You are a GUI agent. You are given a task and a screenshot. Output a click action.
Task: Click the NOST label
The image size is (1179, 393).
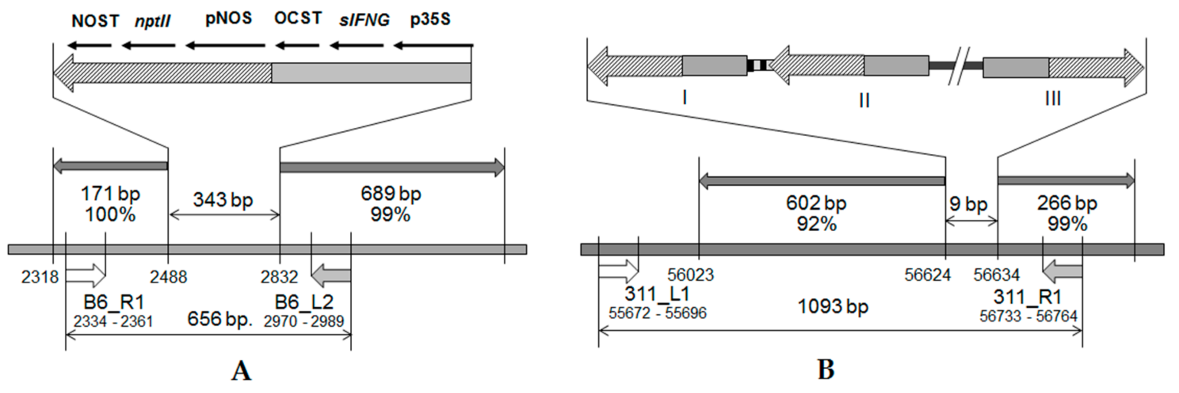tap(95, 21)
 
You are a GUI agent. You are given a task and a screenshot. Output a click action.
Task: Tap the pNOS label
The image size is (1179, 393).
tap(228, 18)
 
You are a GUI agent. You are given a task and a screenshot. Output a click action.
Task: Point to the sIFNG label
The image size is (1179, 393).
tap(364, 20)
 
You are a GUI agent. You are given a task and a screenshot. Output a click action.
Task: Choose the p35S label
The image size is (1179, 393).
tap(430, 20)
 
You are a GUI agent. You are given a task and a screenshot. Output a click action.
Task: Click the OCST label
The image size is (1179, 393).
tap(298, 18)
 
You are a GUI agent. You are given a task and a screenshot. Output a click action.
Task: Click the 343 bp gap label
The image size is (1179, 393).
tap(223, 200)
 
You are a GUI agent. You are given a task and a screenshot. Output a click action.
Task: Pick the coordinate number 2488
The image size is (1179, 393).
tap(168, 277)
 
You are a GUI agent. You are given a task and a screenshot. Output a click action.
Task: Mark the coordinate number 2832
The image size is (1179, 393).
tap(279, 277)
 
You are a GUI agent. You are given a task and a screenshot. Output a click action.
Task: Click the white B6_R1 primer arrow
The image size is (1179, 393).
tap(86, 274)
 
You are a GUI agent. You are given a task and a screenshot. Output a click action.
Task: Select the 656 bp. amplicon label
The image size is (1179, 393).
tap(220, 319)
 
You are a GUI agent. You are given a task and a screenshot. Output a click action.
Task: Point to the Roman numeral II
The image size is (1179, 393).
tap(864, 100)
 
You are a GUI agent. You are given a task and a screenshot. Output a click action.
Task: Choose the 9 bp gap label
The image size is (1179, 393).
tap(968, 204)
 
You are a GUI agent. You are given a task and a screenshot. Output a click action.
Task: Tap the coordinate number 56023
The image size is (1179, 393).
tap(690, 275)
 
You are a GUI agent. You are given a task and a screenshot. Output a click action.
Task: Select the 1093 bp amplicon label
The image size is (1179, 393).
tap(832, 306)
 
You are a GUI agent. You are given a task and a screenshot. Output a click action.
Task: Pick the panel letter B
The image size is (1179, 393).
tap(826, 370)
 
